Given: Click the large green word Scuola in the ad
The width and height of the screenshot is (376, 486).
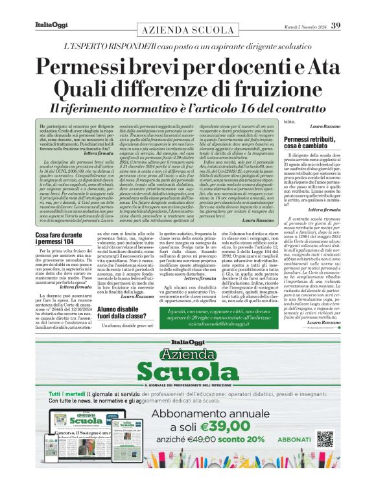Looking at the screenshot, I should pyautogui.click(x=188, y=370).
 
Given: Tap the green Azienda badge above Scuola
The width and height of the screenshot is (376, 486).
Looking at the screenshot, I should pyautogui.click(x=189, y=353).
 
